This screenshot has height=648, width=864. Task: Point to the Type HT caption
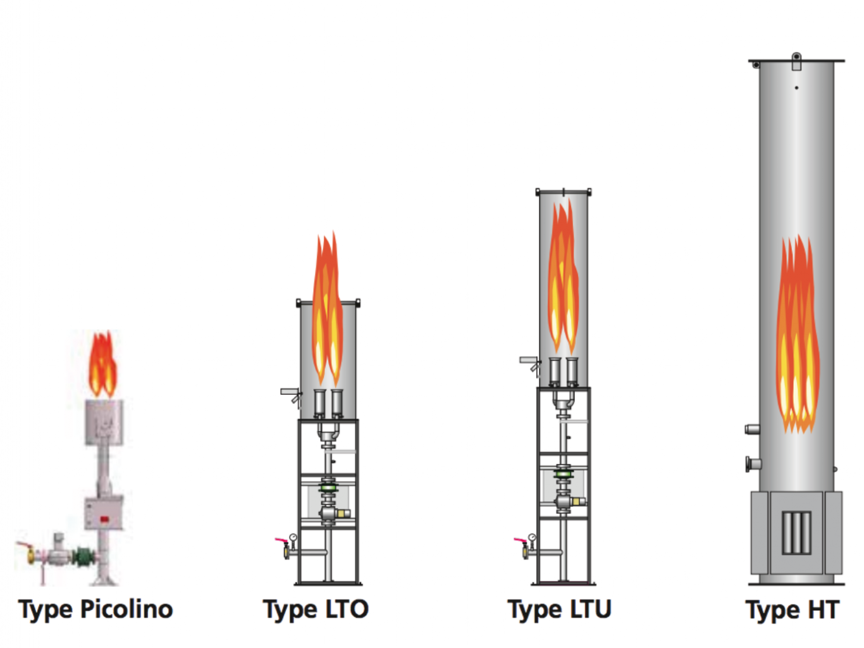pos(793,610)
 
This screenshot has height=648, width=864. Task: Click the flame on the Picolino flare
pos(102,364)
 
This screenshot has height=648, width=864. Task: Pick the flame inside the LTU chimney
pos(564,275)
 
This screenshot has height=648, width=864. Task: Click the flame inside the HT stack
pos(798,335)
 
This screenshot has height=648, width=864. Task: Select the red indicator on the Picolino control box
pos(104,520)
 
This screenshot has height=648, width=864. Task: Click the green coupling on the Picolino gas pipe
pos(84,557)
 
